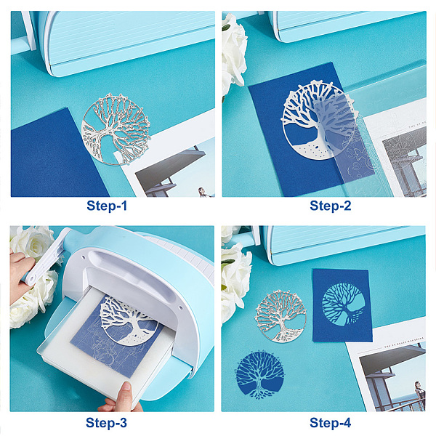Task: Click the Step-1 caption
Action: pyautogui.click(x=107, y=206)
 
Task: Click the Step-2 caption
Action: pyautogui.click(x=331, y=206)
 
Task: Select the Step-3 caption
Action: pyautogui.click(x=106, y=423)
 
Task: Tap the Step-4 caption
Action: pyautogui.click(x=331, y=423)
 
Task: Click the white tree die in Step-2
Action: pyautogui.click(x=317, y=120)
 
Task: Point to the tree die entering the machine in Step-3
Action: pyautogui.click(x=129, y=321)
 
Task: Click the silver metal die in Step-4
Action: pyautogui.click(x=280, y=316)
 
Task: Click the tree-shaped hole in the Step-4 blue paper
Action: pyautogui.click(x=344, y=304)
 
